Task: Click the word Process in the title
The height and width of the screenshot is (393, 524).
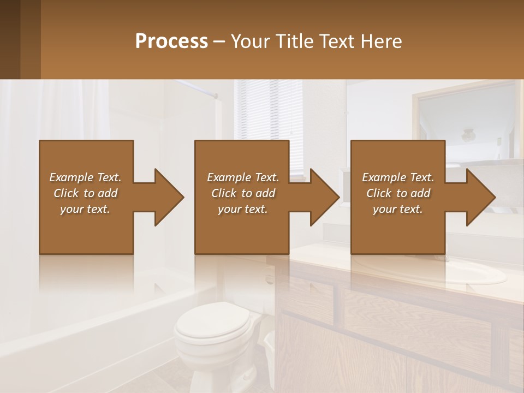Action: tap(171, 41)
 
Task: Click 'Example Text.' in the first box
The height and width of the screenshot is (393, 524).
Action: tap(85, 177)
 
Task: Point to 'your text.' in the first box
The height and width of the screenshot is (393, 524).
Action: tap(85, 209)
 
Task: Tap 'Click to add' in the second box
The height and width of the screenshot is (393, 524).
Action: tap(243, 193)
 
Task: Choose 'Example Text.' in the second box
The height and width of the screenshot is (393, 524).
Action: tap(243, 177)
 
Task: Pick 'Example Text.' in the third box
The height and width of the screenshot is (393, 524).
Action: tap(398, 177)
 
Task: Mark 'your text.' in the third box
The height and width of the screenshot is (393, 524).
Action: tap(398, 209)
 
